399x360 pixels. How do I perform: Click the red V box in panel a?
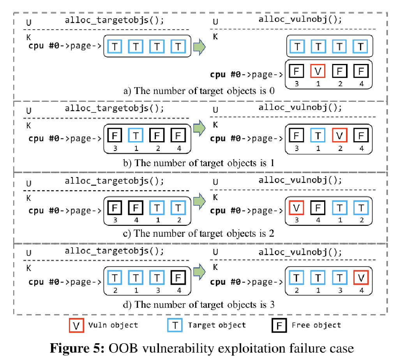[x=318, y=72]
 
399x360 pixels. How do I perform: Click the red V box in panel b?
[x=340, y=136]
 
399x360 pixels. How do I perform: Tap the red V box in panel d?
[x=361, y=278]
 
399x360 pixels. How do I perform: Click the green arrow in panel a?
[x=199, y=46]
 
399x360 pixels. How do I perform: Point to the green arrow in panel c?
[x=199, y=201]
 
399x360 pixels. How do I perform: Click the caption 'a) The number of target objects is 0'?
[x=199, y=91]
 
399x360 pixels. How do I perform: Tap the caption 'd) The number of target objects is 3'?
[x=199, y=304]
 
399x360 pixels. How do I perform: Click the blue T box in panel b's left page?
[x=135, y=136]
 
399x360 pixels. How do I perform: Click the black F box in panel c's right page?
[x=318, y=207]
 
